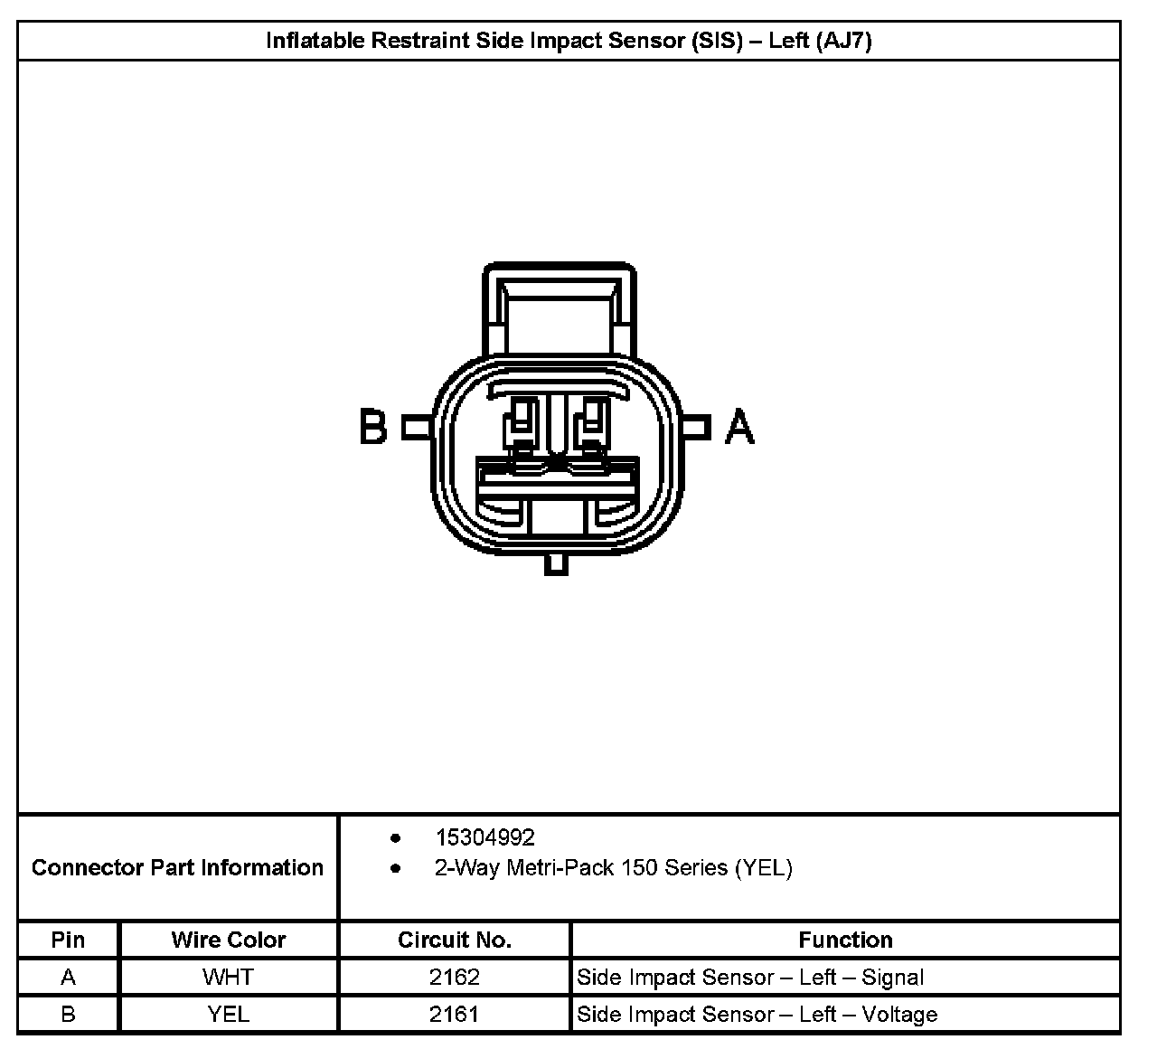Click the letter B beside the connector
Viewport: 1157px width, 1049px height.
373,427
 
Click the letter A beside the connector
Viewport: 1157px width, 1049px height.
740,427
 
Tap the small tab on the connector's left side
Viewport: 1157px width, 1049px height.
417,427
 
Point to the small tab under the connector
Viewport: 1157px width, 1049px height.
557,562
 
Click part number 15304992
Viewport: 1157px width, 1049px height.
485,837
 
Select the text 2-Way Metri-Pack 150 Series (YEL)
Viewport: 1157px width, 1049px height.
613,868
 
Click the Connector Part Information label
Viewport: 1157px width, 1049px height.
177,868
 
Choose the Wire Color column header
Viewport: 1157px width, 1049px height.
229,940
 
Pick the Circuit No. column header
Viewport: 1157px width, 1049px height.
455,940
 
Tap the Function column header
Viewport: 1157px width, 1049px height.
845,940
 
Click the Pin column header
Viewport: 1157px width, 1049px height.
68,940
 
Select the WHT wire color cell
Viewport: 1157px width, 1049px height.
229,978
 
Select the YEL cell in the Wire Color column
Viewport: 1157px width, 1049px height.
229,1015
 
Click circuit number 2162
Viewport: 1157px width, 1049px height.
455,978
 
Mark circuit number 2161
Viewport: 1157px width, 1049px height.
455,1015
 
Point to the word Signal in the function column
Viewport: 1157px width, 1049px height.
893,978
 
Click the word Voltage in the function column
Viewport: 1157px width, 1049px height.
899,1015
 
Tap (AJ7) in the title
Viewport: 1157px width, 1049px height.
843,41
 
